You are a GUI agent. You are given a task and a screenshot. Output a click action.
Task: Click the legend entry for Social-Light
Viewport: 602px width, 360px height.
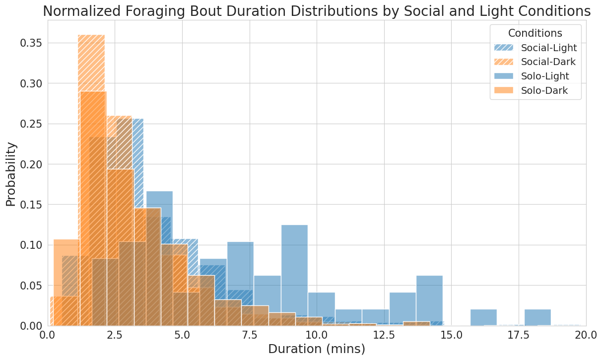pos(548,48)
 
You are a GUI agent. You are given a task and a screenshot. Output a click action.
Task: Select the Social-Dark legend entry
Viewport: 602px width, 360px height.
pos(548,62)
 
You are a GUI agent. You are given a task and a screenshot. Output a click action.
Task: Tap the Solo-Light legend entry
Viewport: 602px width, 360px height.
pos(545,76)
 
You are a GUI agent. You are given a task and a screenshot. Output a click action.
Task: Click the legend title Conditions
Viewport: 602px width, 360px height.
pos(535,33)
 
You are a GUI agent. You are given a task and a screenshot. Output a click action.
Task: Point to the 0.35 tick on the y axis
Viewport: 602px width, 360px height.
pos(30,43)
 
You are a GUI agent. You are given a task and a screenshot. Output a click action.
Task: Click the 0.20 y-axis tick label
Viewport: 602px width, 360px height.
pos(30,164)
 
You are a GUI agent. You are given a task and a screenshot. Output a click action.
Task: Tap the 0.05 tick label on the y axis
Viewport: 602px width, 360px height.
pos(30,286)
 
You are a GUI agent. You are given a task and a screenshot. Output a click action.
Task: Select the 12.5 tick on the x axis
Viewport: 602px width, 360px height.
pos(384,336)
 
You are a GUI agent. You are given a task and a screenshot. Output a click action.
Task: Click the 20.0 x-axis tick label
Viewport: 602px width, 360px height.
pos(586,336)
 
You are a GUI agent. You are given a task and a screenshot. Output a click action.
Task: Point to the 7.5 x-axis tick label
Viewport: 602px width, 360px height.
pos(250,336)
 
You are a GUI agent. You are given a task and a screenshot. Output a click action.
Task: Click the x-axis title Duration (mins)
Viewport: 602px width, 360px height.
pos(317,350)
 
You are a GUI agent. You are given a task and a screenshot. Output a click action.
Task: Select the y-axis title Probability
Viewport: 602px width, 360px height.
pos(10,174)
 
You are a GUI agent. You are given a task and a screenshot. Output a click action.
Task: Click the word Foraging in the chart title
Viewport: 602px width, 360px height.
pos(174,11)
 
